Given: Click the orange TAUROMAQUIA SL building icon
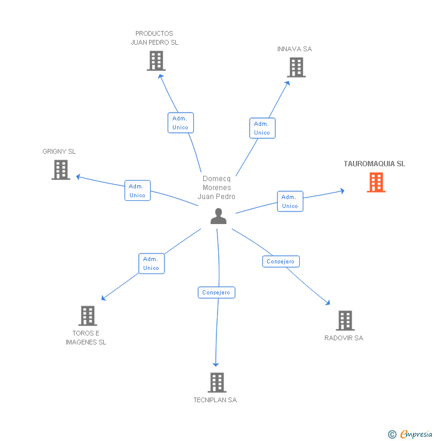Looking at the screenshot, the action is (x=376, y=182).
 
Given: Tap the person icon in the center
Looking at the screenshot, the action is (x=219, y=216).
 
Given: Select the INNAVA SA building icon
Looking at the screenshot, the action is (x=296, y=67).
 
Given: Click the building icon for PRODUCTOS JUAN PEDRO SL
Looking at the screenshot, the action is (x=156, y=61).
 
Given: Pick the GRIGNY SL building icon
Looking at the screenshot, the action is (x=61, y=170).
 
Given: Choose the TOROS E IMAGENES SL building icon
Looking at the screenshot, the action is (x=87, y=316).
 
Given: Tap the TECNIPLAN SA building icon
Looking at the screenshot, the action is (x=217, y=383).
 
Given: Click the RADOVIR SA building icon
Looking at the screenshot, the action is (x=345, y=321).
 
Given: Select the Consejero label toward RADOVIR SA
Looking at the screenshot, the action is (x=281, y=262).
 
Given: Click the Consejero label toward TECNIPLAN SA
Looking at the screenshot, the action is (x=216, y=293).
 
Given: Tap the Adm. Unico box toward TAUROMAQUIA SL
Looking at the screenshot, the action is (x=290, y=201).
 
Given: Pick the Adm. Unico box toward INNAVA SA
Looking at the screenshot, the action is (x=262, y=128).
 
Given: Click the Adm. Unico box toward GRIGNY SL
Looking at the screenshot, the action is (x=137, y=191).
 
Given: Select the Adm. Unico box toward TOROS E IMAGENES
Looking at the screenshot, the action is (x=151, y=263).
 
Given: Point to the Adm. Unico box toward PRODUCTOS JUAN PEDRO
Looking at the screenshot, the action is (x=180, y=123).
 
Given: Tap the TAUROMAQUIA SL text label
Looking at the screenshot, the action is (x=374, y=164).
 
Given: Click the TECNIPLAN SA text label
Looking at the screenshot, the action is (x=215, y=400).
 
